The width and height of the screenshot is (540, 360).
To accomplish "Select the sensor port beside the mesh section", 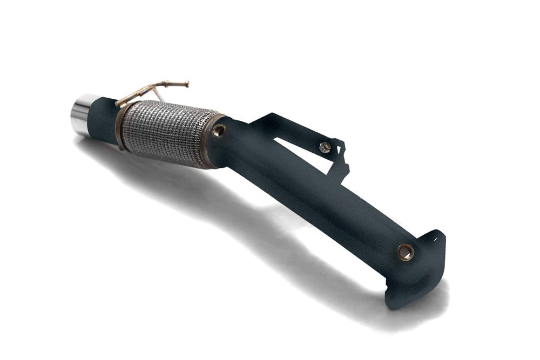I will [219, 130].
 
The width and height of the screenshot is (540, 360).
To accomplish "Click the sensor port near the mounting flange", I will [405, 252].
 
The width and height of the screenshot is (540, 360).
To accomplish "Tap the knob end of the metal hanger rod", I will [187, 83].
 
